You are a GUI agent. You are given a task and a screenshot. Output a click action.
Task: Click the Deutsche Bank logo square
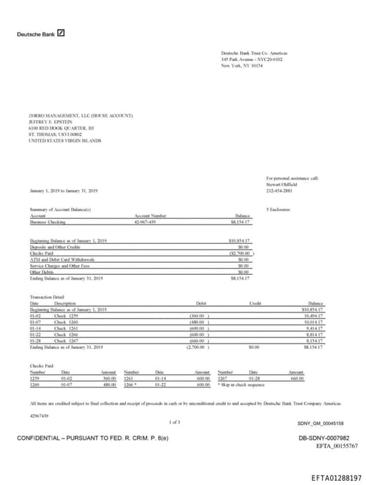coord(61,33)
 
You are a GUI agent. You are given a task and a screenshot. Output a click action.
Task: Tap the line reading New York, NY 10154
coord(242,65)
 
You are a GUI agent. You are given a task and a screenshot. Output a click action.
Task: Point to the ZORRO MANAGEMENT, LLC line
coord(81,115)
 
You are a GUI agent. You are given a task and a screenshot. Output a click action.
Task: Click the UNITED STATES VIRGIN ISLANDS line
coord(64,141)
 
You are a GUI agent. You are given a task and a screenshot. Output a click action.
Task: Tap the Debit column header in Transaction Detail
coord(201,303)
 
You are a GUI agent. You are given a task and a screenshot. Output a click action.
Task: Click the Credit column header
coord(255,303)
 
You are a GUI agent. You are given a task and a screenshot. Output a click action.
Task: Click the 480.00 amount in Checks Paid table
coord(109,384)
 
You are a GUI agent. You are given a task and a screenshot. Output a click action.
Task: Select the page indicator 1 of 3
coord(174,422)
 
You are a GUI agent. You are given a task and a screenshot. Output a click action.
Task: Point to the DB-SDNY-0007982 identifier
coord(323,437)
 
